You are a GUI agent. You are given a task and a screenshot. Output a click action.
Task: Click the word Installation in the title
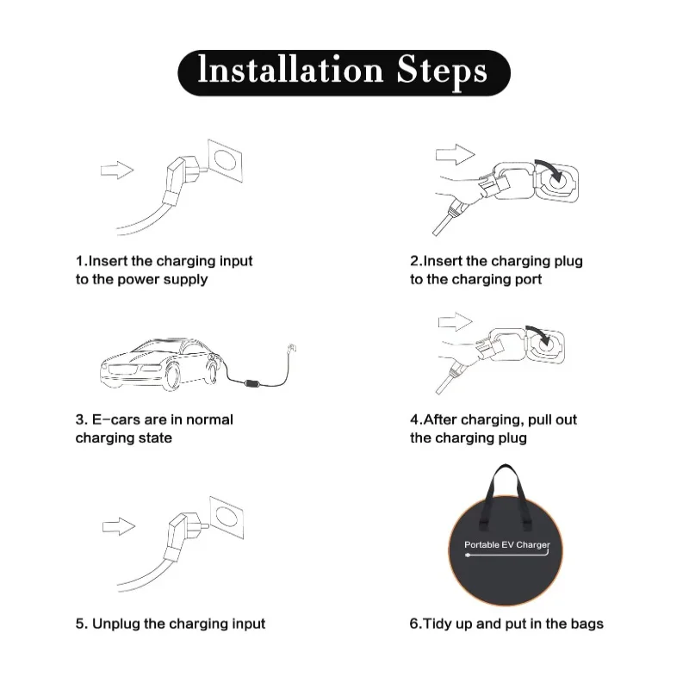(291, 70)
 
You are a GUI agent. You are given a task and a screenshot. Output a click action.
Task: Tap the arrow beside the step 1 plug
(117, 170)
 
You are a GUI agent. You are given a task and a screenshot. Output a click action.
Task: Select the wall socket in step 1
(225, 160)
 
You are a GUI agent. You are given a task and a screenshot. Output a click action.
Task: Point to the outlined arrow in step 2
(456, 155)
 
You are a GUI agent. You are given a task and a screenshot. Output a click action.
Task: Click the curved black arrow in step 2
(551, 169)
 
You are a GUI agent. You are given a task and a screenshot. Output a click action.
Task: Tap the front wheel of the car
(172, 375)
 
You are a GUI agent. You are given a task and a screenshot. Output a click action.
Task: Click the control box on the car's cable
(253, 384)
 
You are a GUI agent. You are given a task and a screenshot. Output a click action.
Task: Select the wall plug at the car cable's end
(291, 349)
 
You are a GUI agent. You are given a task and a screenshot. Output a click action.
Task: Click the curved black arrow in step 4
(540, 335)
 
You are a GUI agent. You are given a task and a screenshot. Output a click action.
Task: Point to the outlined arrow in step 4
(456, 321)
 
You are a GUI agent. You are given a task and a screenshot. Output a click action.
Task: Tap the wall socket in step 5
(227, 518)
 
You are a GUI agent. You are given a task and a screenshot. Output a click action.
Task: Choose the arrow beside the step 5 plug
(119, 526)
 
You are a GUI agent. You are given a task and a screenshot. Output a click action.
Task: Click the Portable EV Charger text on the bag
(507, 545)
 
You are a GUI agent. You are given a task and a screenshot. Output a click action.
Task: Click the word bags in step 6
(587, 624)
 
